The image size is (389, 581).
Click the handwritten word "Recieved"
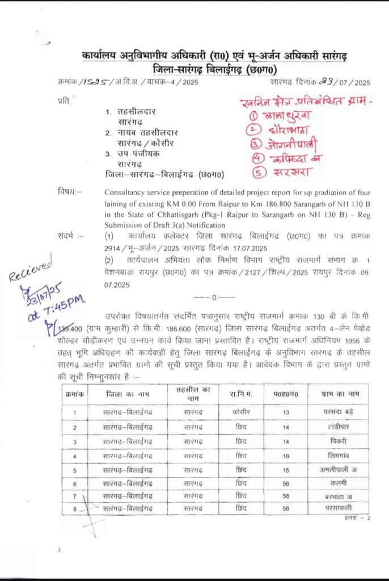click(x=31, y=268)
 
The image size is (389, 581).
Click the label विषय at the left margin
click(x=69, y=192)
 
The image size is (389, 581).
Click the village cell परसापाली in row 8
click(x=339, y=508)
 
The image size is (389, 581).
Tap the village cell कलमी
click(x=339, y=483)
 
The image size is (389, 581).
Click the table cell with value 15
click(x=286, y=470)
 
